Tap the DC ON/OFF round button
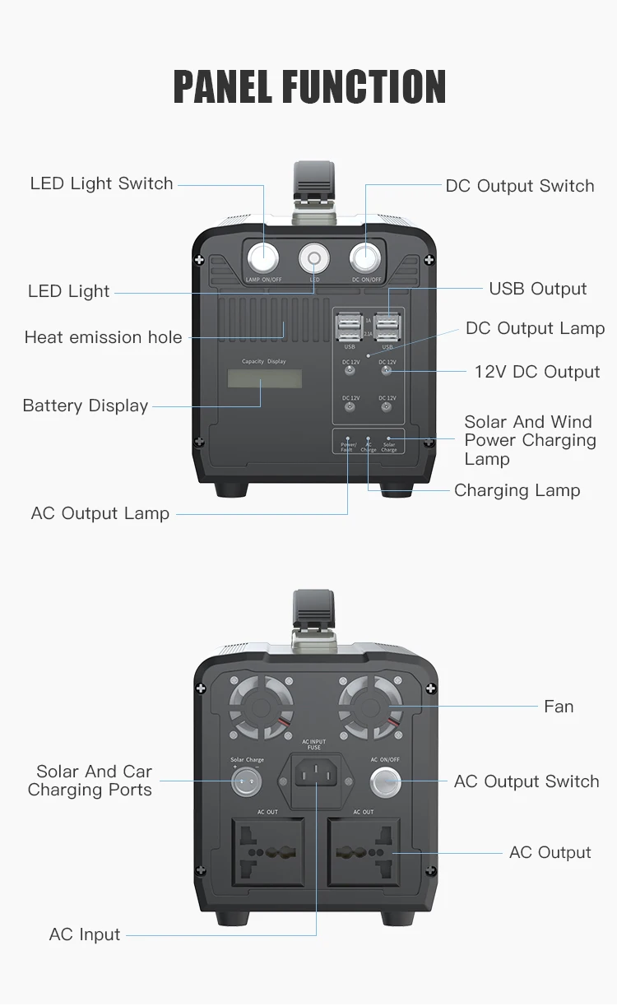(365, 257)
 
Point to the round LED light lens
(313, 258)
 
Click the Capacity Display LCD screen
(265, 378)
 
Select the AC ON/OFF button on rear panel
(385, 782)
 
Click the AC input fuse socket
(314, 776)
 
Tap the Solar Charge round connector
(247, 782)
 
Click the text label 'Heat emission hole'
(103, 337)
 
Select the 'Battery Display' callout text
(86, 406)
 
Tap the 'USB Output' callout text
(538, 289)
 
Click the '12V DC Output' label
(537, 372)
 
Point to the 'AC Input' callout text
(85, 934)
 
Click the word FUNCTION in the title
(364, 87)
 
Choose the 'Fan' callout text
(559, 707)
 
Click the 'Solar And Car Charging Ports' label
(90, 781)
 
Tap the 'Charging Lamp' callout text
(517, 490)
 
